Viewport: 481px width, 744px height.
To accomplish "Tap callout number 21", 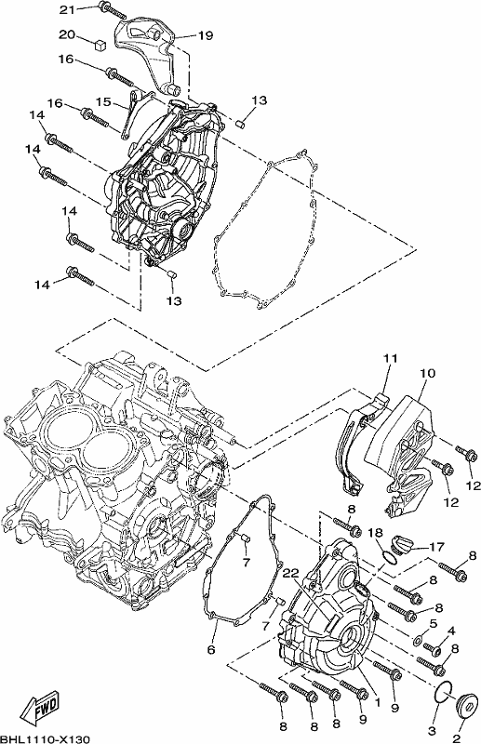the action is tap(67, 9).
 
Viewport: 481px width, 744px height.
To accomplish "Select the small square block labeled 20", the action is tap(100, 44).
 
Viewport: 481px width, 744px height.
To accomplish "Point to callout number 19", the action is tap(206, 35).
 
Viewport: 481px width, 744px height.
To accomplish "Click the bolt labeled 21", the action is tap(113, 10).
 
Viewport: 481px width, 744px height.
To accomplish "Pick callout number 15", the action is tap(103, 102).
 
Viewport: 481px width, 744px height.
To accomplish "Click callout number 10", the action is tap(427, 373).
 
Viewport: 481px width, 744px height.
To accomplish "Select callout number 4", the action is tap(451, 631).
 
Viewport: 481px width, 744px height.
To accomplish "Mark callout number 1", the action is tap(378, 701).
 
